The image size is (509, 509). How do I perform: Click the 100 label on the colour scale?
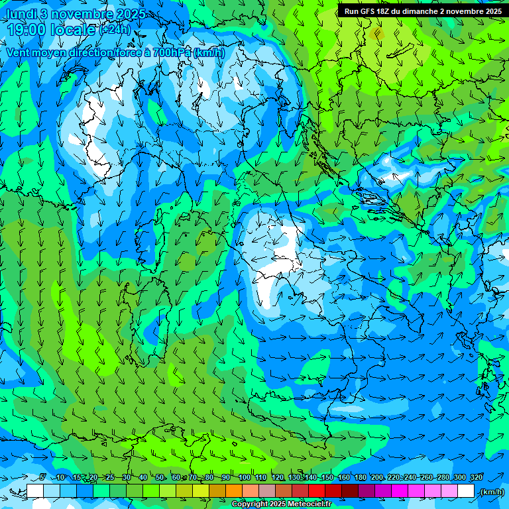[x=245, y=477]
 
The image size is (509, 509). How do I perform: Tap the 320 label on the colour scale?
[x=477, y=477]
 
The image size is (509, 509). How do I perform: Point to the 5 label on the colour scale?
[x=42, y=477]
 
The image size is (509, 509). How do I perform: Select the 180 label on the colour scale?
[x=361, y=477]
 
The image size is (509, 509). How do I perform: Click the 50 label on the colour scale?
[x=160, y=477]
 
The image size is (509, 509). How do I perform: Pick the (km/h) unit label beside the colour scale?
[x=492, y=491]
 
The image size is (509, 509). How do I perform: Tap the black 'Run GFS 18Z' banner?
[x=423, y=11]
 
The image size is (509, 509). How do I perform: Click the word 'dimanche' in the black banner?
[x=416, y=11]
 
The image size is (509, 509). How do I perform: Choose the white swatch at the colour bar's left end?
[x=35, y=491]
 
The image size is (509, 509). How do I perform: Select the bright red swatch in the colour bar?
[x=317, y=491]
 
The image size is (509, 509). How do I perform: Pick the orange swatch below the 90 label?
[x=234, y=491]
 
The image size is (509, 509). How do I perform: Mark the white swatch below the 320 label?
[x=466, y=491]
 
